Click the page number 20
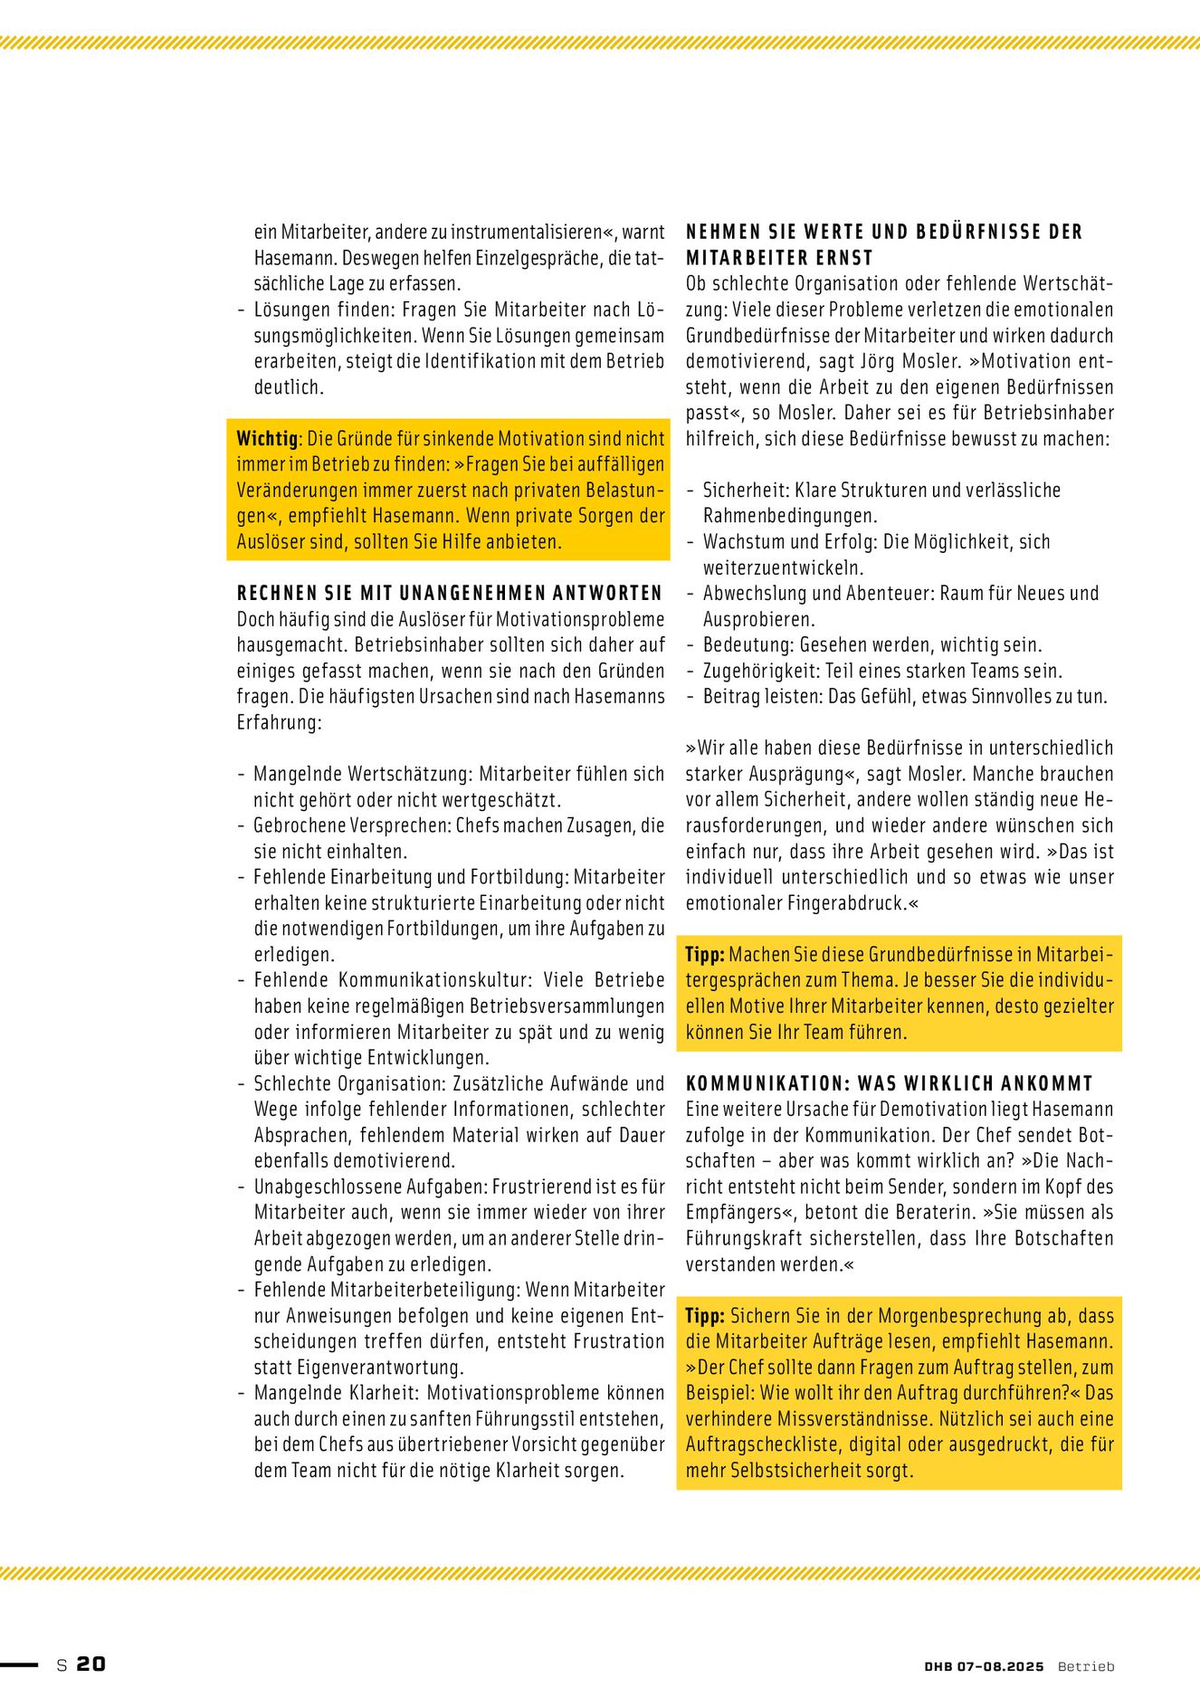coord(90,1664)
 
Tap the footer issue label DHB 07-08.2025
coord(984,1666)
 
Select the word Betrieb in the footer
coord(1086,1666)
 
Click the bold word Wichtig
coord(267,439)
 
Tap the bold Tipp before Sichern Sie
coord(704,1316)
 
